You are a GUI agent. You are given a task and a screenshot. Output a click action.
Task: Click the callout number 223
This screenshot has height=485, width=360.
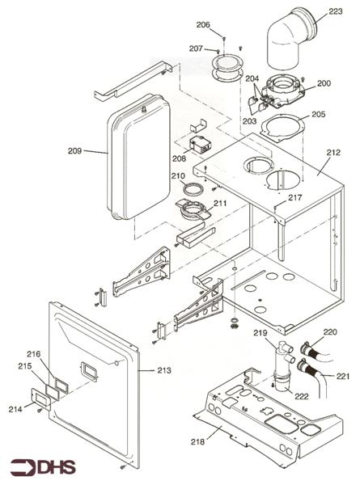pyautogui.click(x=335, y=13)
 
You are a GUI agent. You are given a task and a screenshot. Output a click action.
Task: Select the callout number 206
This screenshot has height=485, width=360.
pyautogui.click(x=203, y=25)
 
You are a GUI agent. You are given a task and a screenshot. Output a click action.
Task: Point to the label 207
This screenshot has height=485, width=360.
pyautogui.click(x=196, y=48)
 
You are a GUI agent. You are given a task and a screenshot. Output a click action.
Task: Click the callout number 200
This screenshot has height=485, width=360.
pyautogui.click(x=324, y=83)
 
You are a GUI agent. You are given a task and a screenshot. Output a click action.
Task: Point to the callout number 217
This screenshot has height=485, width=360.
pyautogui.click(x=294, y=198)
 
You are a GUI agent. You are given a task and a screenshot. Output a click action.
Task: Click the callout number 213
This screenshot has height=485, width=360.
pyautogui.click(x=164, y=371)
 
